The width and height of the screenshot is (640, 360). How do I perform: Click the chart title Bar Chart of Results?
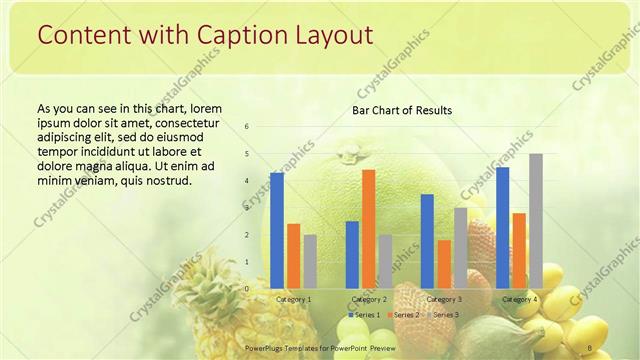[401, 110]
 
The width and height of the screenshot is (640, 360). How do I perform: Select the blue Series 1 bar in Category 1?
[277, 230]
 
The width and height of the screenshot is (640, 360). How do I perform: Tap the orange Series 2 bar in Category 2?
[368, 229]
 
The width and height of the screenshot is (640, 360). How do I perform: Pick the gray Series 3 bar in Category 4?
[536, 221]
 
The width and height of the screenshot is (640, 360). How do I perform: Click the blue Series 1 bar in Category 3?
[427, 241]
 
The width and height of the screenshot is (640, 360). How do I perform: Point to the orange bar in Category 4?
[519, 250]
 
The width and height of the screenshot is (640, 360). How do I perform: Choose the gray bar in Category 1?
[310, 261]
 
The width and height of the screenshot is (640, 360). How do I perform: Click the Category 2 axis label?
[369, 299]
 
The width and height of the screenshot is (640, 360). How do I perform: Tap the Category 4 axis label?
[519, 299]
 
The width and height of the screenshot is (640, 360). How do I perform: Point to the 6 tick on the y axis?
[247, 127]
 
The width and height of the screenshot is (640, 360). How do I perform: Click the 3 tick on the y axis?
[247, 208]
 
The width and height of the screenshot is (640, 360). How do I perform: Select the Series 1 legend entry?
[362, 315]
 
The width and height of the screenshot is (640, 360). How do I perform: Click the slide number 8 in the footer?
[591, 348]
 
